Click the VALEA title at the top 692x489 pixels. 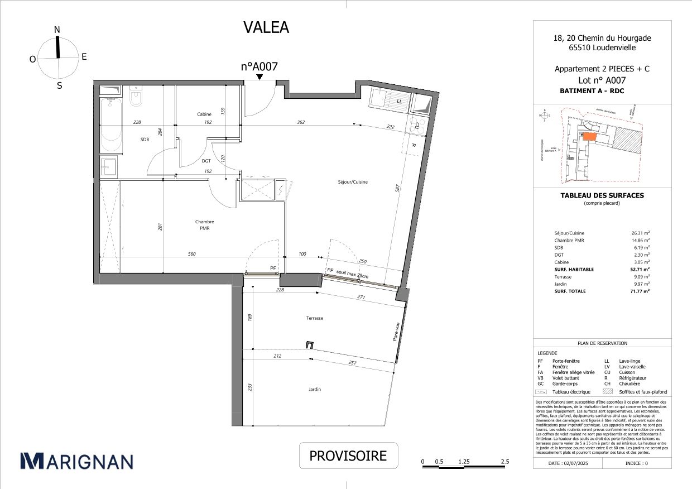266,27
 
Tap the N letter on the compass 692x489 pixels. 57,30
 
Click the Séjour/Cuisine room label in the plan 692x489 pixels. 353,182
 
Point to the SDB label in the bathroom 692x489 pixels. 145,140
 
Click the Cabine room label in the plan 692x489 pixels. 204,114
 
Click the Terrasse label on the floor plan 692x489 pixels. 314,318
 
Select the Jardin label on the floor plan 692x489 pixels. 314,390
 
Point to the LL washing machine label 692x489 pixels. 399,102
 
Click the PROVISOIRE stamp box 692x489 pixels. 348,456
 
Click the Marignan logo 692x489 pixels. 76,461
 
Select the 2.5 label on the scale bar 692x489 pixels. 504,462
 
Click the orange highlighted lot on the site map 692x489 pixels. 589,136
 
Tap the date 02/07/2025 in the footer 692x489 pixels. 569,463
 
